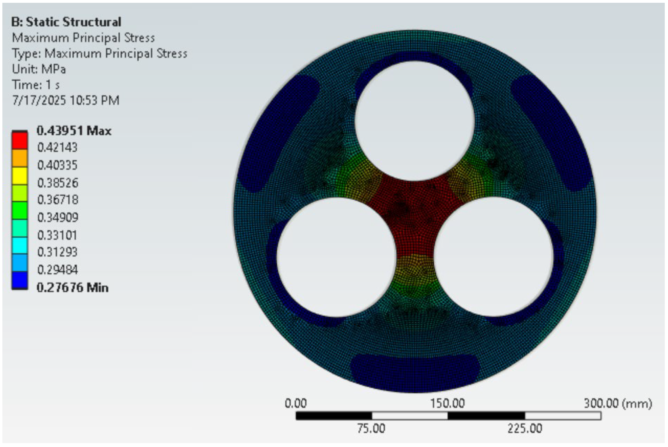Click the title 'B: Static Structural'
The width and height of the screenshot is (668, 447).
click(x=66, y=22)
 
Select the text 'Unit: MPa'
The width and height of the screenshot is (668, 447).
click(x=39, y=69)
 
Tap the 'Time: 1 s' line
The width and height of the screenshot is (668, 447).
click(x=36, y=85)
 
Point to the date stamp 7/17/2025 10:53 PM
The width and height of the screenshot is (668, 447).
click(x=66, y=100)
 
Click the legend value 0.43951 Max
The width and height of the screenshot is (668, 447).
click(x=74, y=131)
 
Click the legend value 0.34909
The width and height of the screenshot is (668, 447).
click(x=58, y=217)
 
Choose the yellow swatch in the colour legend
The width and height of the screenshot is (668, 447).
click(x=20, y=176)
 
